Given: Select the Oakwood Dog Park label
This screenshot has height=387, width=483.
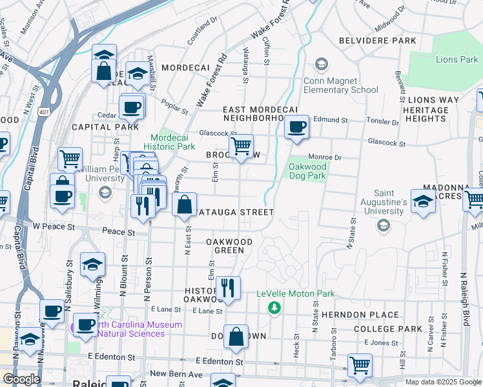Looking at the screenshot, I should [307, 170].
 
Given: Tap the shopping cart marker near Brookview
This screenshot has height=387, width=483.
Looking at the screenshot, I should [241, 146].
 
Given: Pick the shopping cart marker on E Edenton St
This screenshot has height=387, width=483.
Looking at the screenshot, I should [360, 365].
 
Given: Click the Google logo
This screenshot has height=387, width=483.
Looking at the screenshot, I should [21, 379].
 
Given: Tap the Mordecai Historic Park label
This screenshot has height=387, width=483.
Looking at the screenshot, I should [172, 143].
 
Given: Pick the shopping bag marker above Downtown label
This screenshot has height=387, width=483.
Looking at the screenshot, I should [236, 337].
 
